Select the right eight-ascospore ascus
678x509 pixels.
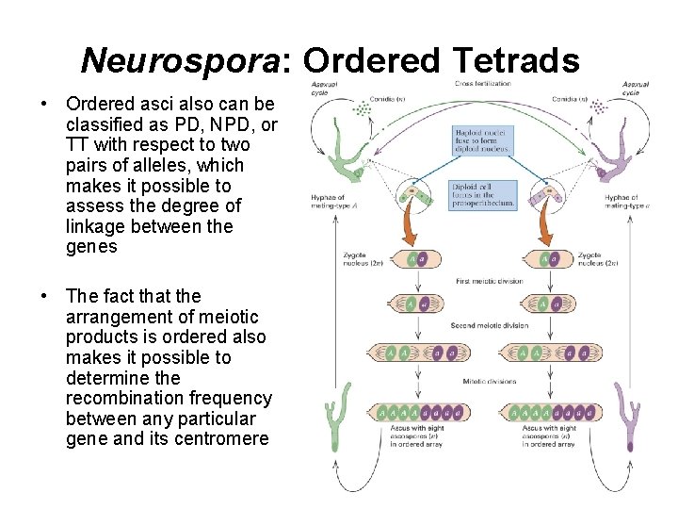pos(550,412)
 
